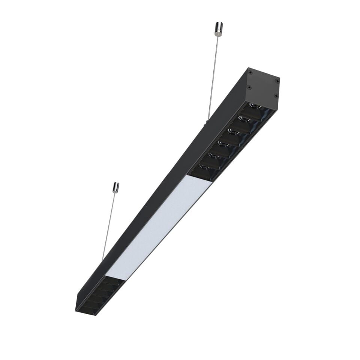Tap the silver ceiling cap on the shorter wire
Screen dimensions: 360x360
click(116, 187)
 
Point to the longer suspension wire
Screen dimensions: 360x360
click(213, 75)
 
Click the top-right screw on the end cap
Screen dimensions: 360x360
click(277, 81)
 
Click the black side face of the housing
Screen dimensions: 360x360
click(157, 187)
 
